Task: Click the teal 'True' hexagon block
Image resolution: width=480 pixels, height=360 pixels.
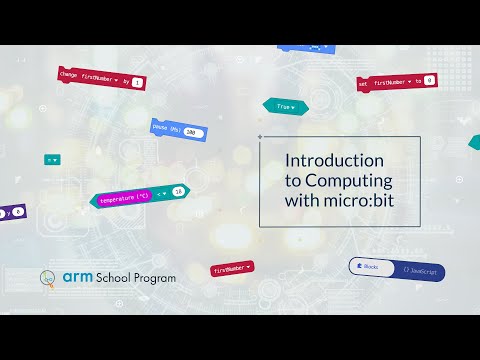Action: pos(284,105)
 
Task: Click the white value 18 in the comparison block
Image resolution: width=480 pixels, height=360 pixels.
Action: pos(178,191)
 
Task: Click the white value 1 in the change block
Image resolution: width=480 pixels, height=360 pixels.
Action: pos(137,82)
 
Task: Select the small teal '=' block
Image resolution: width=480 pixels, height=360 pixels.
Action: pos(51,159)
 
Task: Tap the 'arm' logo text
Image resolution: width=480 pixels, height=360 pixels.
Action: pos(77,276)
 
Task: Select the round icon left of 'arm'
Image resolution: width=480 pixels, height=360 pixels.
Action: pos(47,278)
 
